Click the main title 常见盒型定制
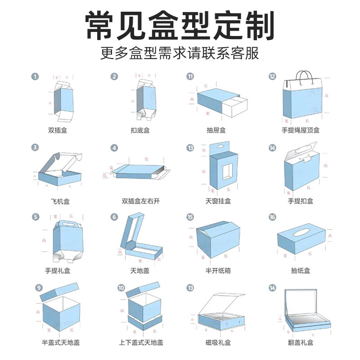[180, 26]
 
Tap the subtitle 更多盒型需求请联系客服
[180, 54]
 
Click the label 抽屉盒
[216, 130]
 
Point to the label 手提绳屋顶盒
[301, 130]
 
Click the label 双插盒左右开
[141, 201]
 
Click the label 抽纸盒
[301, 271]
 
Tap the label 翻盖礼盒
[301, 342]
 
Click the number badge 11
[190, 76]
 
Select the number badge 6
[114, 217]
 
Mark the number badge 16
[272, 217]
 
